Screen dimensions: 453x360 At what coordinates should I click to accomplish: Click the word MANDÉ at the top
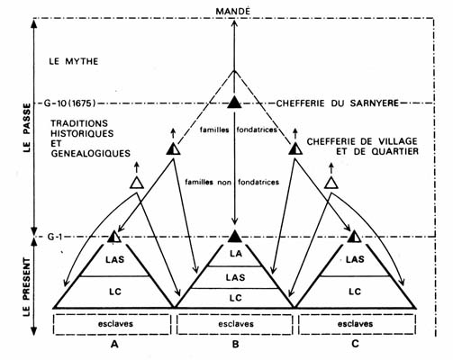[x=233, y=12]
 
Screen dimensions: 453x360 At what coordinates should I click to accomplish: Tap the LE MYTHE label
[x=74, y=61]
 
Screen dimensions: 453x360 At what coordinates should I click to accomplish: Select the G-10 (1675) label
[x=70, y=103]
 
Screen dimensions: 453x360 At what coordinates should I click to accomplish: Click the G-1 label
[x=55, y=237]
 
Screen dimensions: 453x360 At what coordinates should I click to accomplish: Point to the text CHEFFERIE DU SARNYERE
[x=338, y=103]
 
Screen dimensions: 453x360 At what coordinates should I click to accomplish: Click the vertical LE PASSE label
[x=27, y=128]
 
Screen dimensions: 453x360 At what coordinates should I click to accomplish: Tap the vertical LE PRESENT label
[x=27, y=287]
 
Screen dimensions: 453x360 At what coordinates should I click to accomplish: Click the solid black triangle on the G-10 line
[x=234, y=102]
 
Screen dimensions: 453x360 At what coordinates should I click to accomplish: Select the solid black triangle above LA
[x=235, y=236]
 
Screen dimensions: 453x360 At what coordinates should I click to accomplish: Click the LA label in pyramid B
[x=236, y=254]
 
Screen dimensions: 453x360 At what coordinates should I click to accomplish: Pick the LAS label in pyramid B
[x=236, y=277]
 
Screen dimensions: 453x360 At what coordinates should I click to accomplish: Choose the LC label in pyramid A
[x=115, y=292]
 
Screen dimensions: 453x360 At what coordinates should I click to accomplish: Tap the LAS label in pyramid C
[x=355, y=259]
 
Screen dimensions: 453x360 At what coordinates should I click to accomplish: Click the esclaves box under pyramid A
[x=113, y=324]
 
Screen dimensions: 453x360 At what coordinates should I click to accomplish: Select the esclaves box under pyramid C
[x=358, y=324]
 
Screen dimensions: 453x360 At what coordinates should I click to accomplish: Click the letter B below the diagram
[x=235, y=344]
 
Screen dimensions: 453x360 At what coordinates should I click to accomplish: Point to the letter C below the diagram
[x=355, y=344]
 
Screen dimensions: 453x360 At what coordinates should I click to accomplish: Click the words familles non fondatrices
[x=232, y=182]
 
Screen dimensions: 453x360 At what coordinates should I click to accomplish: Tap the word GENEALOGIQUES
[x=90, y=154]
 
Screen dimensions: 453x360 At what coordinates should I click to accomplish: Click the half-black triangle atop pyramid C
[x=355, y=237]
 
